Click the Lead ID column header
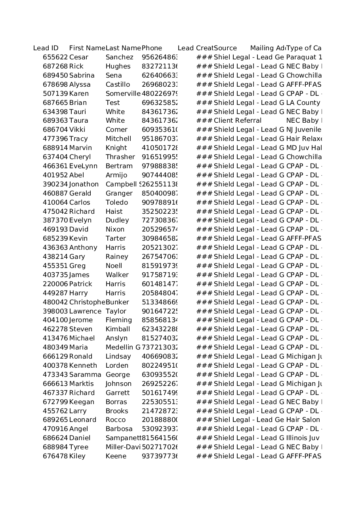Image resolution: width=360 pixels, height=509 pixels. [x=46, y=48]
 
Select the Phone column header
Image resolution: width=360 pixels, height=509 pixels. [x=152, y=48]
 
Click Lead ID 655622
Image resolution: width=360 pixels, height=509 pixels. [x=55, y=57]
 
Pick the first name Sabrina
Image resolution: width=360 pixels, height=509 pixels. [x=82, y=76]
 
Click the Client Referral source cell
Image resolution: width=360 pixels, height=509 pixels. [x=238, y=121]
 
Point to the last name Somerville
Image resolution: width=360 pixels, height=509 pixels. [x=123, y=94]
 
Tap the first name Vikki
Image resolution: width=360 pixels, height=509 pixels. [x=77, y=130]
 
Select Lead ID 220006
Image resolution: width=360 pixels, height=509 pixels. [x=55, y=284]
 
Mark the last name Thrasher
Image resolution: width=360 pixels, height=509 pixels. [x=120, y=157]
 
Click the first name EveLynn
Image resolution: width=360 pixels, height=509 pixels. [x=83, y=166]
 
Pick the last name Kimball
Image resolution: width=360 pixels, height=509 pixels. [x=118, y=329]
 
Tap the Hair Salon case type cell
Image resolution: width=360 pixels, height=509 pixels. [x=303, y=420]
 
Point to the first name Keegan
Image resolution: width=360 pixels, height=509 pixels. [x=82, y=402]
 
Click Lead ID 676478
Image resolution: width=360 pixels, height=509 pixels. [x=55, y=456]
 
